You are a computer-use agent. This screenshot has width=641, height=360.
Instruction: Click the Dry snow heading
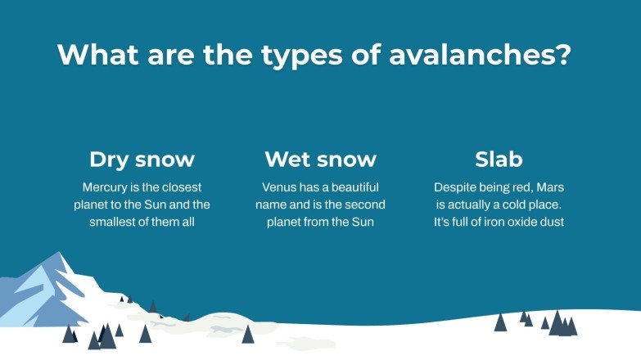tap(142, 159)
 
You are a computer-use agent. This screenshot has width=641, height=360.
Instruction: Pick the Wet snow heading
tap(320, 159)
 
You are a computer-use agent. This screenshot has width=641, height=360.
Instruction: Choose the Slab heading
tap(499, 159)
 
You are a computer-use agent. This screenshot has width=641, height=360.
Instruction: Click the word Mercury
tap(106, 187)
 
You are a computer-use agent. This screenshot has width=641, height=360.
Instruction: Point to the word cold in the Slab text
tap(521, 205)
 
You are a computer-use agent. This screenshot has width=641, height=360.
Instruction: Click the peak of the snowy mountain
tap(58, 254)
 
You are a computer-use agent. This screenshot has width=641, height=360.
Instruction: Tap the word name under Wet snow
tap(273, 205)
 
